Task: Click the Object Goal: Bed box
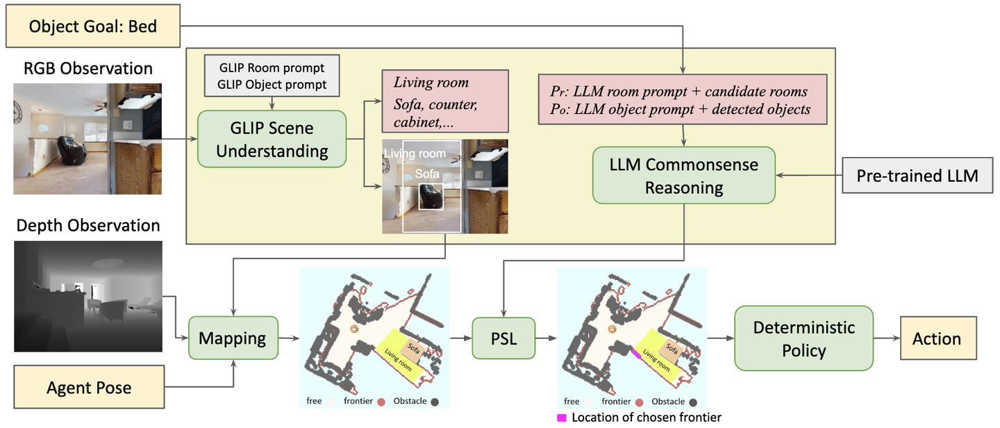(93, 27)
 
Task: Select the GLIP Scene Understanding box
(272, 139)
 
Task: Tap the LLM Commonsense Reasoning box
(683, 175)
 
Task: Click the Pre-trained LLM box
(917, 176)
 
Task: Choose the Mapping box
(233, 338)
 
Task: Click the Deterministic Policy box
(803, 338)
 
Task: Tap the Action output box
(937, 338)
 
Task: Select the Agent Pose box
(89, 386)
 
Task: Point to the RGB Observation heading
(87, 68)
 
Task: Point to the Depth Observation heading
(87, 226)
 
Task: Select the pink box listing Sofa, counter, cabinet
(444, 100)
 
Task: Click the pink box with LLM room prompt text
(683, 100)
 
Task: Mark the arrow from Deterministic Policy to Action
(886, 338)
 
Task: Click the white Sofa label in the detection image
(427, 174)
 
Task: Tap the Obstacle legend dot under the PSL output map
(692, 402)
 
